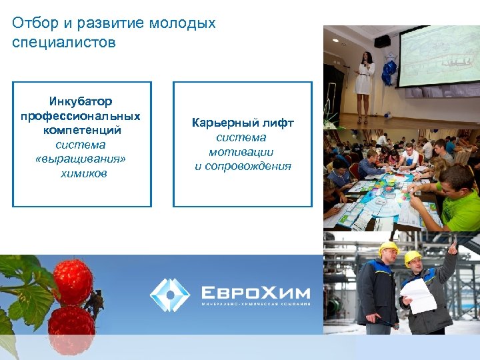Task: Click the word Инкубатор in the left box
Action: (x=81, y=101)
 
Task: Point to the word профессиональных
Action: (x=81, y=116)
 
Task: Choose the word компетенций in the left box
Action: (x=81, y=130)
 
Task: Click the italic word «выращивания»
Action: (x=81, y=159)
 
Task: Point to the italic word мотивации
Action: (x=243, y=152)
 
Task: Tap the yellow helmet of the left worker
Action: (x=388, y=249)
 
